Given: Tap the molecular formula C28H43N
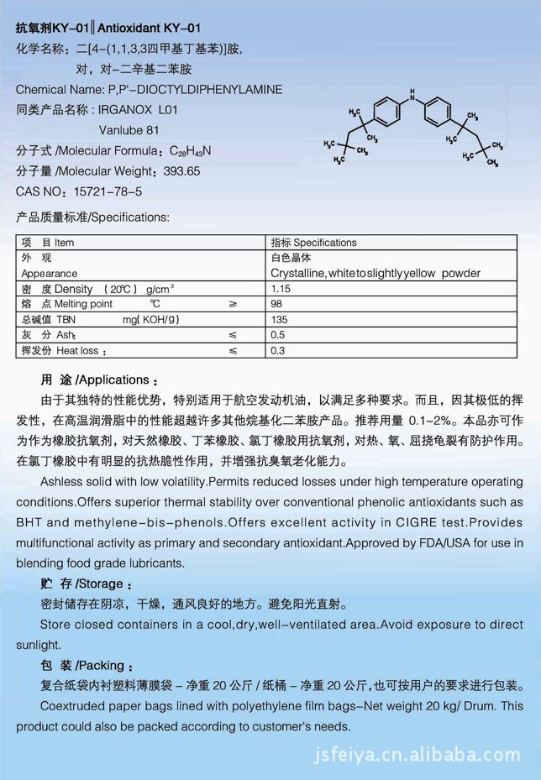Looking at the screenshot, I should pos(192,151).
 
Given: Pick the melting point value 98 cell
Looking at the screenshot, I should pos(276,304).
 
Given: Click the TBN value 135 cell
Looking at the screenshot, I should pos(279,319).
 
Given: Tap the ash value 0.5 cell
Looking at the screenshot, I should pos(277,335).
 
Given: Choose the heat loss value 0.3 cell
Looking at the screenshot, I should pos(277,350).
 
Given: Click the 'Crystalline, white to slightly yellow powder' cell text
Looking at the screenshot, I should pos(376,274).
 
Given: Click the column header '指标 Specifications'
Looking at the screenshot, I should pos(313,243).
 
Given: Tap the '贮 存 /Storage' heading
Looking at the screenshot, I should pos(86,584).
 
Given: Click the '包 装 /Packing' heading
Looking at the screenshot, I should pos(87,666).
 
